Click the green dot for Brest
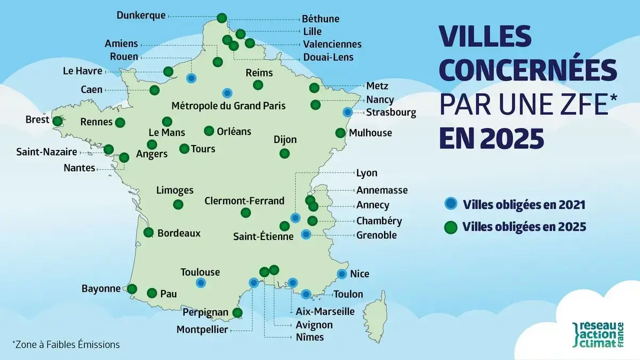click(x=57, y=121)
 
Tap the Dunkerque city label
click(x=141, y=15)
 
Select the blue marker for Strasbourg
click(x=348, y=112)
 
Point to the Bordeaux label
click(x=179, y=233)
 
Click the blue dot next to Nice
click(x=342, y=274)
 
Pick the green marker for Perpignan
click(x=238, y=313)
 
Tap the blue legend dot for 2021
click(x=451, y=203)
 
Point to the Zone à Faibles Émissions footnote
click(x=66, y=345)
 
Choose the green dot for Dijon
click(x=284, y=154)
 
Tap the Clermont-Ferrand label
click(x=244, y=201)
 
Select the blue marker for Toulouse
click(x=201, y=283)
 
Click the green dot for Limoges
click(x=178, y=204)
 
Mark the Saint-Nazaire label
click(x=46, y=152)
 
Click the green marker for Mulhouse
click(x=340, y=133)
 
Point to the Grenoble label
click(x=377, y=235)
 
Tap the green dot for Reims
click(x=258, y=85)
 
